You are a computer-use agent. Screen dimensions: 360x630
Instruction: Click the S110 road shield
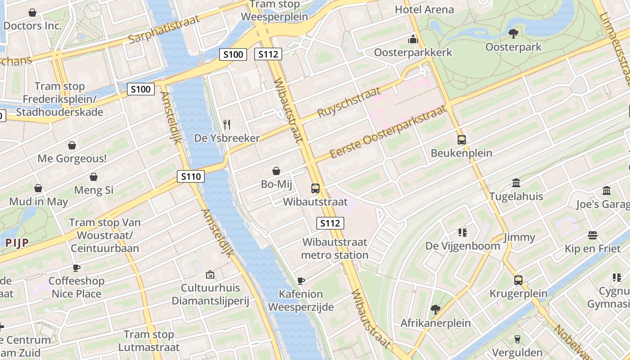coord(190,176)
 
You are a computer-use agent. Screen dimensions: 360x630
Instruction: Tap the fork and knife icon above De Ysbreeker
coord(227,124)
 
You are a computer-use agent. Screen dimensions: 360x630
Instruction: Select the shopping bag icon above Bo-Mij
coord(276,171)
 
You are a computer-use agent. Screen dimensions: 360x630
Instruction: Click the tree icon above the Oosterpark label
coord(513,33)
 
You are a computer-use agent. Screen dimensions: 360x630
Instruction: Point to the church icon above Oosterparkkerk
coord(413,39)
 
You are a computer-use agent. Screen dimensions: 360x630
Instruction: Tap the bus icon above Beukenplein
coord(461,139)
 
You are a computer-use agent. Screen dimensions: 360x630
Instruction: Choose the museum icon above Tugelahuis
coord(516,183)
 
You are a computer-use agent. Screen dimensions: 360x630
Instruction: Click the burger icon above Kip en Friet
coord(592,235)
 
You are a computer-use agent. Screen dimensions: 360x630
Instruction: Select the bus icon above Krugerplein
coord(518,280)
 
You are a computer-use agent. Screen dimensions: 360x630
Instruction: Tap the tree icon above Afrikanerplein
coord(435,310)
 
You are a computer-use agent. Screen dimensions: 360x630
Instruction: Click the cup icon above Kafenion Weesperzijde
coord(301,281)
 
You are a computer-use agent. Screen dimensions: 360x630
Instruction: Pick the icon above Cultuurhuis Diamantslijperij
coord(210,274)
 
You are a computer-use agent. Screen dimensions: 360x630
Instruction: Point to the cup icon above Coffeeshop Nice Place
coord(76,268)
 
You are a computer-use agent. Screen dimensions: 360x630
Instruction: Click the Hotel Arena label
coord(424,9)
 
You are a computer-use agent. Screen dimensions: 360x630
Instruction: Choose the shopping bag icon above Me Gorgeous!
coord(72,145)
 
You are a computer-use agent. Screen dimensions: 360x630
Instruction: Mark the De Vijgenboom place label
coord(463,246)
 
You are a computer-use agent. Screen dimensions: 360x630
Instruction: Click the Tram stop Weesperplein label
coord(274,11)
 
